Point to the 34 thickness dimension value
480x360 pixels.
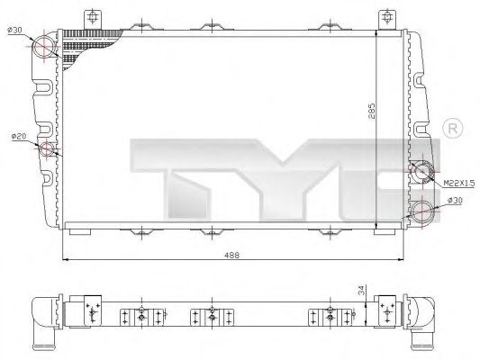(362, 291)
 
